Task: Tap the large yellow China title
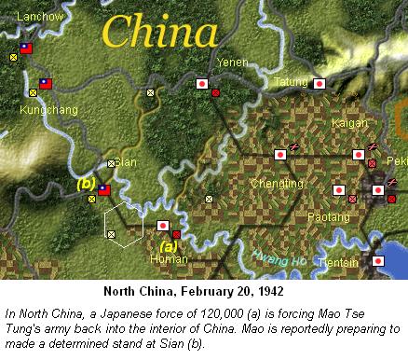pyautogui.click(x=160, y=34)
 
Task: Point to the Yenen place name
pyautogui.click(x=232, y=62)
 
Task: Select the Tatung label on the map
pyautogui.click(x=291, y=83)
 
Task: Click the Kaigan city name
pyautogui.click(x=349, y=122)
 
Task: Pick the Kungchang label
pyautogui.click(x=41, y=110)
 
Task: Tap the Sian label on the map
pyautogui.click(x=125, y=162)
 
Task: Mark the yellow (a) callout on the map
pyautogui.click(x=169, y=247)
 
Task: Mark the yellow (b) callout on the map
pyautogui.click(x=86, y=184)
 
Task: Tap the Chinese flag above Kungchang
pyautogui.click(x=46, y=84)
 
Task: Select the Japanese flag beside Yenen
pyautogui.click(x=201, y=83)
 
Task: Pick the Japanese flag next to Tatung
pyautogui.click(x=320, y=83)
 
